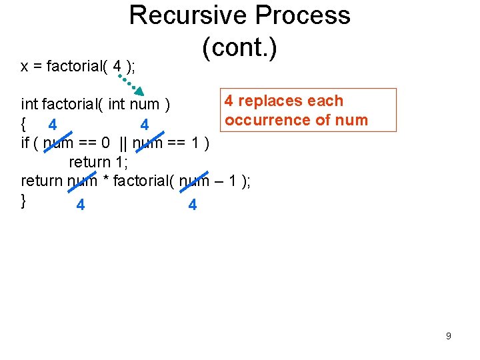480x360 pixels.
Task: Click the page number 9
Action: coord(448,336)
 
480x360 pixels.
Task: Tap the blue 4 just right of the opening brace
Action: coord(52,124)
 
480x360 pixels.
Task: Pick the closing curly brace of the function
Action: coord(24,199)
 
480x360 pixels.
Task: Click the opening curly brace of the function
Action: coord(24,123)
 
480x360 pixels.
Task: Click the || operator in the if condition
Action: coord(124,143)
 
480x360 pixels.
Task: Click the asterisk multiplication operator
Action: coord(105,181)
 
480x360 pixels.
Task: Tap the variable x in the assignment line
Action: coord(24,67)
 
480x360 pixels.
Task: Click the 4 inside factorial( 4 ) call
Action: coord(117,66)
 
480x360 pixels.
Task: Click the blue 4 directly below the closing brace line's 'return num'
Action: coord(80,205)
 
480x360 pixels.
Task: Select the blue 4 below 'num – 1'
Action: coord(192,205)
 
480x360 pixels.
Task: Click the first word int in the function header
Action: coord(29,104)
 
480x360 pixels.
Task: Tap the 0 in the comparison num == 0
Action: coord(105,143)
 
